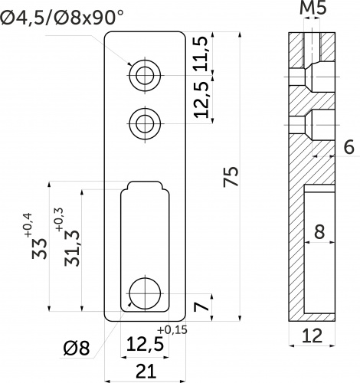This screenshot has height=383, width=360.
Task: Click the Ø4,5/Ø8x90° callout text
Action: pyautogui.click(x=62, y=17)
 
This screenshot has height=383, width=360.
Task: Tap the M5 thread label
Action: pyautogui.click(x=313, y=8)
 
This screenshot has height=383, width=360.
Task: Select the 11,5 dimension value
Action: pyautogui.click(x=201, y=54)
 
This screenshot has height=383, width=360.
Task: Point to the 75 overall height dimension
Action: pyautogui.click(x=231, y=176)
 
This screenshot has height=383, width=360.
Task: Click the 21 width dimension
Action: pyautogui.click(x=146, y=372)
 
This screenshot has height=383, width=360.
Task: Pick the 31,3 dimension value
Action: pyautogui.click(x=72, y=248)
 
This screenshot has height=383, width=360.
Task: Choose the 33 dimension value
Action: pyautogui.click(x=40, y=248)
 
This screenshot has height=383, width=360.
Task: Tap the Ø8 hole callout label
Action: pyautogui.click(x=77, y=348)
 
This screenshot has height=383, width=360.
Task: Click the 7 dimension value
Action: pyautogui.click(x=201, y=307)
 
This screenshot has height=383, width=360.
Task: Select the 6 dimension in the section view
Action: pyautogui.click(x=349, y=147)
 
